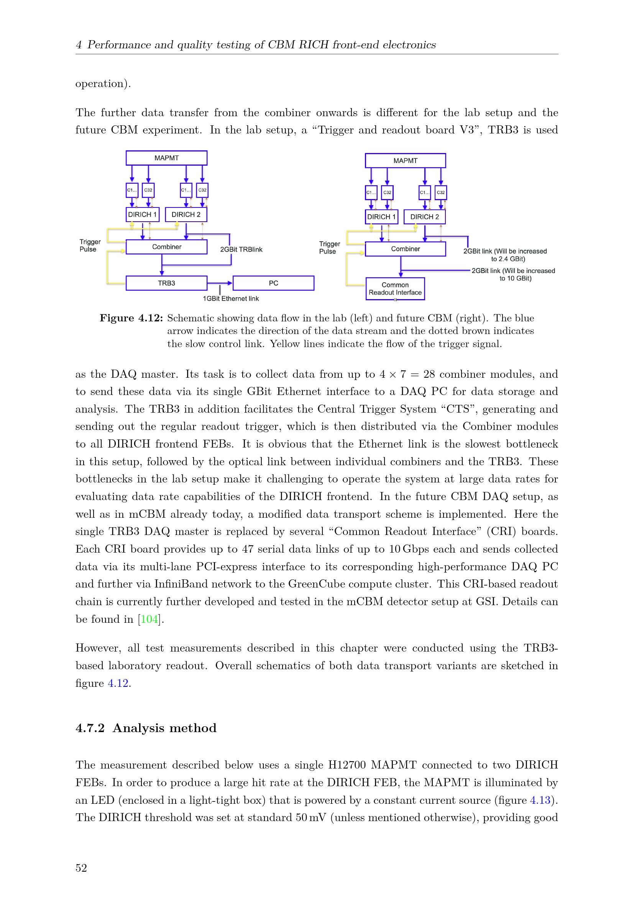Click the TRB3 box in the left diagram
pos(166,283)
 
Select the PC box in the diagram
pos(273,283)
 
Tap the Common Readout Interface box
pos(395,289)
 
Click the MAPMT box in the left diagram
pos(166,158)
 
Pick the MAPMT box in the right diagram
pos(405,161)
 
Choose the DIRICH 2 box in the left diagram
pos(186,214)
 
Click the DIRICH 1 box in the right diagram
pos(381,217)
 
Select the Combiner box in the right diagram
pos(405,249)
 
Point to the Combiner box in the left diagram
pos(166,247)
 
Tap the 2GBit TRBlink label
pos(241,250)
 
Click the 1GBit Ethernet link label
pos(231,299)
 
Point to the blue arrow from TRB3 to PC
pos(220,283)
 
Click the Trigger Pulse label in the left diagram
pos(90,246)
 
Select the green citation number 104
pos(149,619)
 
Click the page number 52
pos(81,868)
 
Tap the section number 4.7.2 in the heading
pos(90,728)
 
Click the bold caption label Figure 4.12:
pos(131,318)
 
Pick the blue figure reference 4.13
pos(540,800)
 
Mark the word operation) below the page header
pos(103,84)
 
